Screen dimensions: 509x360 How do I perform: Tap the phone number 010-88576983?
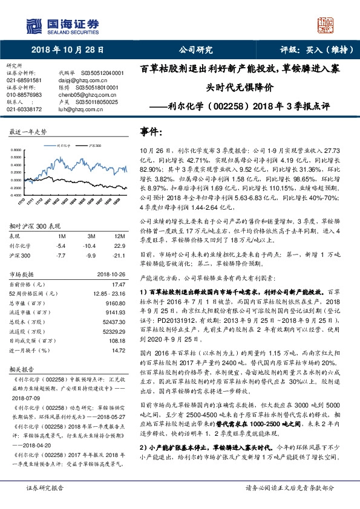tap(24, 95)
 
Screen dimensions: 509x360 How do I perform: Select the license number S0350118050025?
tap(96, 102)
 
